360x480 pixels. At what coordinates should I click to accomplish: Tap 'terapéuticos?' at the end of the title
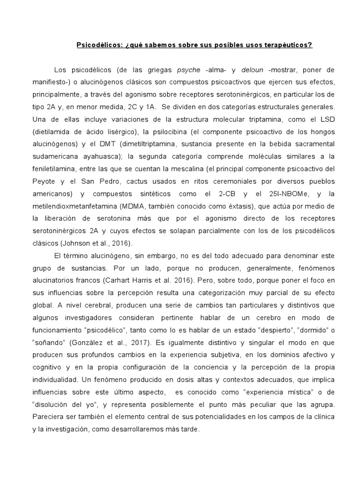point(286,45)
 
